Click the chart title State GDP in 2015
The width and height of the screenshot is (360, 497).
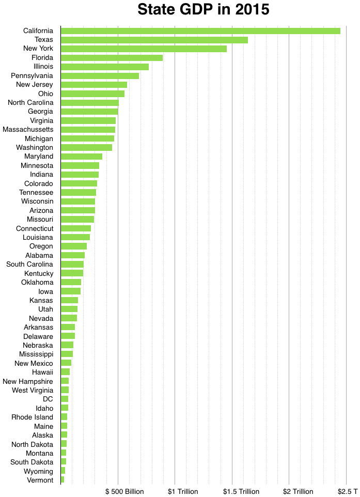pyautogui.click(x=203, y=10)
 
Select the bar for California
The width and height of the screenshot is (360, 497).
pyautogui.click(x=200, y=30)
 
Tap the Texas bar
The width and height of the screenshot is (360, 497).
pyautogui.click(x=154, y=40)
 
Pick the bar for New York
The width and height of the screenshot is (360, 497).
pyautogui.click(x=144, y=49)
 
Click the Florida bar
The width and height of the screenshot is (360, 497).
pyautogui.click(x=112, y=58)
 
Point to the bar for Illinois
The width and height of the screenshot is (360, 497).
pyautogui.click(x=104, y=67)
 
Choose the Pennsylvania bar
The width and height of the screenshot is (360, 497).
pyautogui.click(x=100, y=76)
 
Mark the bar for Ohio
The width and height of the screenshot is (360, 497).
pyautogui.click(x=92, y=94)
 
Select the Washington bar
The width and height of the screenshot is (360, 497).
pyautogui.click(x=86, y=147)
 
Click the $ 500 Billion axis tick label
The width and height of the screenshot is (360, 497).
pyautogui.click(x=124, y=491)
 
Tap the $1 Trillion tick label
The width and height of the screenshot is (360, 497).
pyautogui.click(x=183, y=491)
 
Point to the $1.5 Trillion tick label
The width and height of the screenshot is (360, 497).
pyautogui.click(x=241, y=491)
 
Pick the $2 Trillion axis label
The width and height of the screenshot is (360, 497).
pyautogui.click(x=299, y=491)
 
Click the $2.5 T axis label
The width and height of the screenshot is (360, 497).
pyautogui.click(x=348, y=491)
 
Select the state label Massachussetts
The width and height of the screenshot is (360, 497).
pyautogui.click(x=28, y=129)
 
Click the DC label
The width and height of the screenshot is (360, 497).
pyautogui.click(x=48, y=399)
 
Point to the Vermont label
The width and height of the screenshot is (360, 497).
pyautogui.click(x=40, y=480)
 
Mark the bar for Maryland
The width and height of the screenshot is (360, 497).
pyautogui.click(x=82, y=157)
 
